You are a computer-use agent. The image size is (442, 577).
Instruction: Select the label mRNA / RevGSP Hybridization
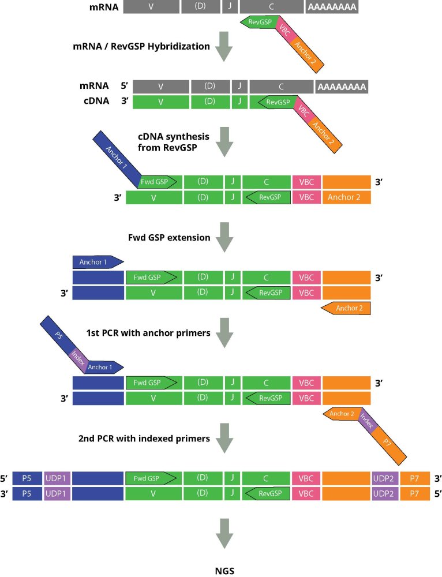pos(141,46)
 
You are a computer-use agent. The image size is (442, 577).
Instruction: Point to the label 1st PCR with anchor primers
pos(148,334)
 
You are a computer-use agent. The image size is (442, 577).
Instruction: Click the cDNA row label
pos(94,102)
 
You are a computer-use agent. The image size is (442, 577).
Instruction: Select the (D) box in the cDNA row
pos(209,103)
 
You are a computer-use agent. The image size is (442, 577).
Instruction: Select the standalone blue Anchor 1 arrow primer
pos(98,261)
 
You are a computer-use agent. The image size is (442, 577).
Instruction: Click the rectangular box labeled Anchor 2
pos(346,197)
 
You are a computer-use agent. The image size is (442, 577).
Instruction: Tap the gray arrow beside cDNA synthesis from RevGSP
pos(223,142)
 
